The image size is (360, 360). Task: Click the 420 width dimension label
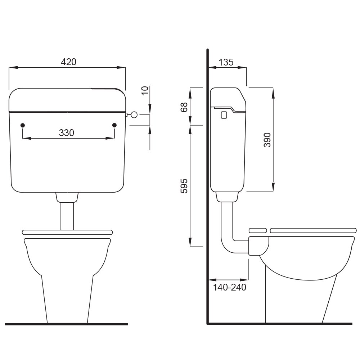(68, 62)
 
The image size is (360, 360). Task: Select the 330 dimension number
(67, 133)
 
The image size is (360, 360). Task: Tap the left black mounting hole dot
(23, 125)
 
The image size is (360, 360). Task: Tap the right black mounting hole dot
(115, 125)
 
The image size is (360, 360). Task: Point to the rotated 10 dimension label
(145, 90)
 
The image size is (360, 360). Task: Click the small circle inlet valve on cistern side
(134, 115)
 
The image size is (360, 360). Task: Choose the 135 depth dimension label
(226, 62)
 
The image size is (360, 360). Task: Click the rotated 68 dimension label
(184, 107)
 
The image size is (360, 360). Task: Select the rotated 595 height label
(184, 186)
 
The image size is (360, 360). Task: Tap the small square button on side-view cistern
(224, 115)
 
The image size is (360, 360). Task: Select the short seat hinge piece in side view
(257, 230)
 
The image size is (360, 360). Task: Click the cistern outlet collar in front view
(67, 197)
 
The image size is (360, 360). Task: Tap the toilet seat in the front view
(67, 232)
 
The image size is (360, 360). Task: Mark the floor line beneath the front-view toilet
(67, 324)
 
